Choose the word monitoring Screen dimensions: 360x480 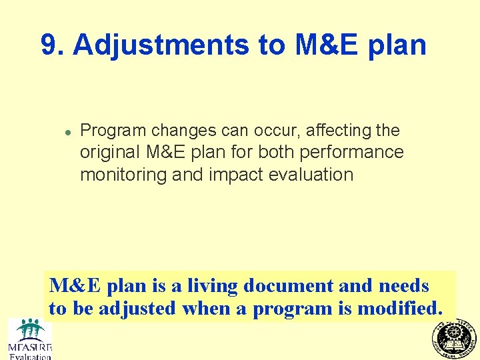[x=123, y=175]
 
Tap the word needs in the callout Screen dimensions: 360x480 [x=403, y=286]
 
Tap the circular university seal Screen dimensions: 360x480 [x=455, y=338]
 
